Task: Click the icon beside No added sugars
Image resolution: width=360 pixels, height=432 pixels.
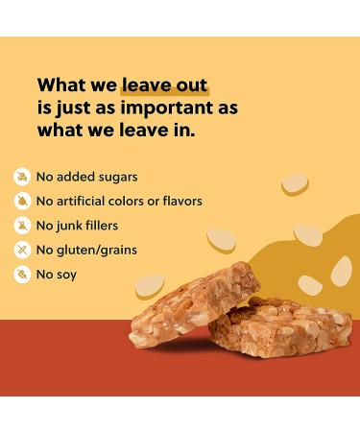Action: point(21,177)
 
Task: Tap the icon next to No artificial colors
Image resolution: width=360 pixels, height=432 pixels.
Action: point(21,201)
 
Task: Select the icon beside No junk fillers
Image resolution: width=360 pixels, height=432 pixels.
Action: point(21,226)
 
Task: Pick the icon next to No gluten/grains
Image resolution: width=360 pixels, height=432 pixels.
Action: point(21,250)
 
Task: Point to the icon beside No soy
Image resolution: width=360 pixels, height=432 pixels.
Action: point(21,275)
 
